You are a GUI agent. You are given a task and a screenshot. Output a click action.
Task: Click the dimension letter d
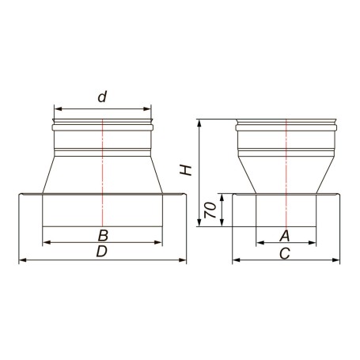coord(102,97)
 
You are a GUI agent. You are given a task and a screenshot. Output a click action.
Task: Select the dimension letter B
coord(103,236)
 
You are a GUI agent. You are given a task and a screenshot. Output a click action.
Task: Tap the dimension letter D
coord(102,251)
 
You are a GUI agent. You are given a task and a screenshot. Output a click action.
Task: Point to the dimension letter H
coord(186,170)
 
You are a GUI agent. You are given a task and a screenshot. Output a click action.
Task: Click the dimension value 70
coord(210,210)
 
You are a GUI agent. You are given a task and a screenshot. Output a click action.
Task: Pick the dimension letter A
coord(285,236)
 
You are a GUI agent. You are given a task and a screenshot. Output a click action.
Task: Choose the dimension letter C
coord(285,254)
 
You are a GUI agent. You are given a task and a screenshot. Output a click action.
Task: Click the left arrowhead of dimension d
coord(58,109)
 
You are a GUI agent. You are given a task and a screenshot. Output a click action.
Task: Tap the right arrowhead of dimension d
coord(147,109)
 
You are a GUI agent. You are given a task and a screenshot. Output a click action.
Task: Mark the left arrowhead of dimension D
coord(23,260)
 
